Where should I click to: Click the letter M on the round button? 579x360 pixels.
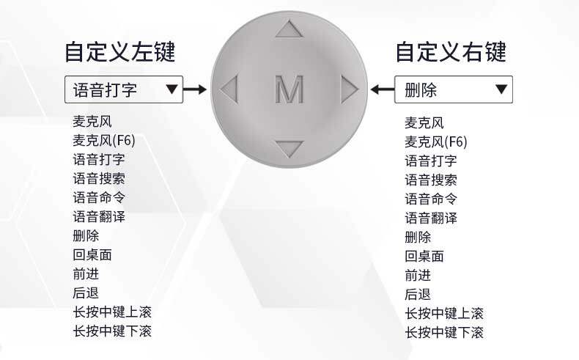[x=289, y=89]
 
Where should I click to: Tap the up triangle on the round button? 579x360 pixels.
[x=289, y=29]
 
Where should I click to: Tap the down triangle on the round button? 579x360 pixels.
[x=289, y=148]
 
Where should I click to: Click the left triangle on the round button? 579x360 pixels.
[x=229, y=89]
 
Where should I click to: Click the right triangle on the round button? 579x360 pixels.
[x=350, y=89]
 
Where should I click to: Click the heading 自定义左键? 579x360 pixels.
[x=119, y=52]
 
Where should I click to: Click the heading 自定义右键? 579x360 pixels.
[x=451, y=52]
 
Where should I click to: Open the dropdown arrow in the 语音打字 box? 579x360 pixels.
[x=172, y=89]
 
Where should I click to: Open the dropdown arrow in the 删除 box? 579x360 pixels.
[x=501, y=89]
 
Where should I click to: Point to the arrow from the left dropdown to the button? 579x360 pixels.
[x=195, y=89]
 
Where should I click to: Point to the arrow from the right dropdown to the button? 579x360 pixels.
[x=383, y=89]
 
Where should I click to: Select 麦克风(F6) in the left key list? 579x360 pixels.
[x=104, y=141]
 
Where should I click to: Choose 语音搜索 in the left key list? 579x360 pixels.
[x=99, y=179]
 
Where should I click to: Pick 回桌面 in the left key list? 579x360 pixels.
[x=92, y=254]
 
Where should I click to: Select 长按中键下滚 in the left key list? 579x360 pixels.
[x=112, y=331]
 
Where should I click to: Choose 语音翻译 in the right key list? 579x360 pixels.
[x=431, y=218]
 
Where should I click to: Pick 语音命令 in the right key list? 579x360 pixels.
[x=431, y=199]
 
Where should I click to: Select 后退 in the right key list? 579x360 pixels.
[x=418, y=294]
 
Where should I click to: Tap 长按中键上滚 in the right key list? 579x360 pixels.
[x=444, y=314]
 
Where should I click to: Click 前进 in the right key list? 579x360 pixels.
[x=418, y=275]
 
